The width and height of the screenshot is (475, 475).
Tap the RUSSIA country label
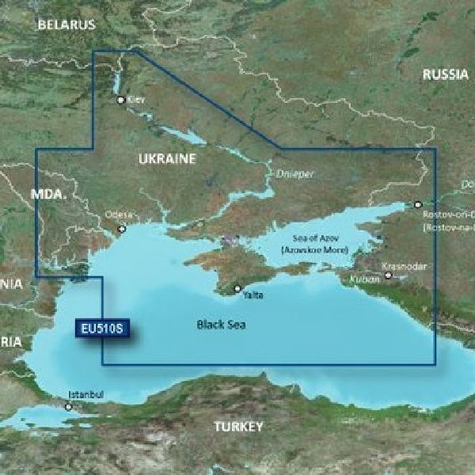coord(445,75)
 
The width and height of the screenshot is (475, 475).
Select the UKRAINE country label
coord(166,159)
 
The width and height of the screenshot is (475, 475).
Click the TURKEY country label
coord(237,427)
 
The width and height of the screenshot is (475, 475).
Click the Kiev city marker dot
coord(120,101)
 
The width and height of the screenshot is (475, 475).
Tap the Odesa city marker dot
coord(122,229)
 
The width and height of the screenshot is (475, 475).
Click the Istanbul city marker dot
coord(69,408)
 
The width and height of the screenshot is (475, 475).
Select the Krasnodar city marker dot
coord(388,276)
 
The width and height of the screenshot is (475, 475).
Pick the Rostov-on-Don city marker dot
coord(419,204)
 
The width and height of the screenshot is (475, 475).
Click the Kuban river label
coord(358,278)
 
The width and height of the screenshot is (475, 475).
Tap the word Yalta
coord(253,295)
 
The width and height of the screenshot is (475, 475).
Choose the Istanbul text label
coord(86,394)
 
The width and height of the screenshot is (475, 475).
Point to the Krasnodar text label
coord(402,267)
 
